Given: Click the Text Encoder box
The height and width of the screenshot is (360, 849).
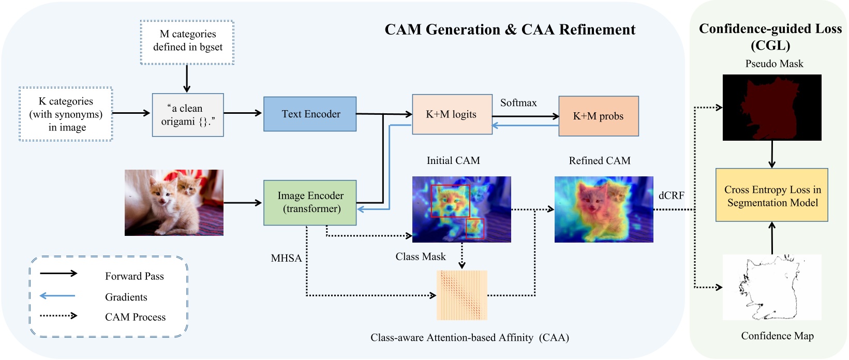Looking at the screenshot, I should point(310,114).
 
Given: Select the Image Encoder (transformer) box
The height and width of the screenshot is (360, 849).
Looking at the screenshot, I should point(310,202).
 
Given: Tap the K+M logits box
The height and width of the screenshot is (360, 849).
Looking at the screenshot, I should point(452,114).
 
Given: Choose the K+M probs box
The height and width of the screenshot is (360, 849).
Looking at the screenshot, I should point(598,116).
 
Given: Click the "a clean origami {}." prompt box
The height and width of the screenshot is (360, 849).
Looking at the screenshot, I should point(188,115).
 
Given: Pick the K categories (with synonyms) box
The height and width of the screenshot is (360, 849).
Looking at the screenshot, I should point(66,114).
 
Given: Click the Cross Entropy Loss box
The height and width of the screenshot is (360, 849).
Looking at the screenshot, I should point(771,195).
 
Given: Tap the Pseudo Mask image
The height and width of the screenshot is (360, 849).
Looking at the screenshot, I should point(771,108).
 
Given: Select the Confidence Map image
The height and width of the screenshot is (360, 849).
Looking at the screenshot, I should point(771,287).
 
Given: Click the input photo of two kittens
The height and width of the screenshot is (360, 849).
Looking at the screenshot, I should point(174,203).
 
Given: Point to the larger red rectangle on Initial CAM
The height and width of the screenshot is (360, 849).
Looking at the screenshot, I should point(451,201).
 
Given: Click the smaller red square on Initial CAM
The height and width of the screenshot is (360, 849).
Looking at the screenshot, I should point(475,229).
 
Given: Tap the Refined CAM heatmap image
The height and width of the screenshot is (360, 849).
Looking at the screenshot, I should point(604,209).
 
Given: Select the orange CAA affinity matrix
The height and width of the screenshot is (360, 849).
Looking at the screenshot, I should point(462,295).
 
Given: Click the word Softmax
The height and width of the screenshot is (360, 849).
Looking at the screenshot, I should point(518,103).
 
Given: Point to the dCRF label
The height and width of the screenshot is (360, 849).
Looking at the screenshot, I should point(671,196).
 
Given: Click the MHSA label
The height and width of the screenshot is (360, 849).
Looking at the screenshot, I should point(286,258).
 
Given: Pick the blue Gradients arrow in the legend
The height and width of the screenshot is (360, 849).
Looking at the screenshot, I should point(57,296).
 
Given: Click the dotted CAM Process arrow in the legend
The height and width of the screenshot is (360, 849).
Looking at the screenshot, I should point(58,316).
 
